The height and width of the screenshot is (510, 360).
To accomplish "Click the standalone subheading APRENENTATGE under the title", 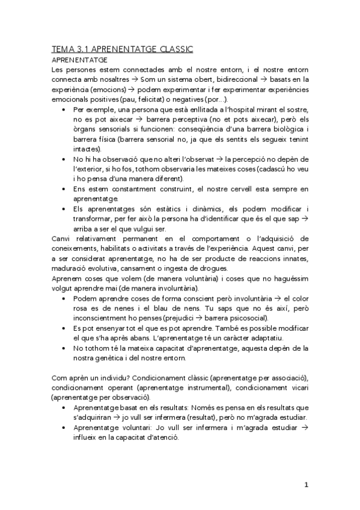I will point(79,60).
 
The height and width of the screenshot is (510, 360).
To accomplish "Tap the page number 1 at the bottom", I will point(305,485).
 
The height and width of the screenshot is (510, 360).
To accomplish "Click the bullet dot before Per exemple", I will point(64,110).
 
